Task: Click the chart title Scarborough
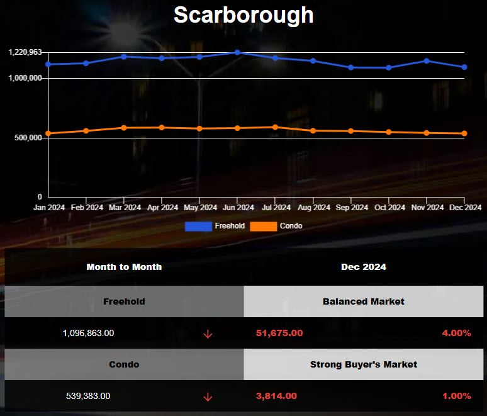(244, 14)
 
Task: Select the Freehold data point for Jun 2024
(237, 52)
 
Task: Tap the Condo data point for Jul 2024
(275, 127)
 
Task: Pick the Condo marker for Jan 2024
(48, 133)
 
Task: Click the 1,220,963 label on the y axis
(26, 52)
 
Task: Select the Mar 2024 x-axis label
(125, 207)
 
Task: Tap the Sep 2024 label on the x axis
(351, 207)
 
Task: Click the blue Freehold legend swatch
(198, 226)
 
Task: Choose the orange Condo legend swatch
(264, 226)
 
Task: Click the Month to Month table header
(124, 267)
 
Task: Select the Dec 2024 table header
(364, 267)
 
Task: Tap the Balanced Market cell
(364, 301)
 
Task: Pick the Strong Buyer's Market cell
(364, 364)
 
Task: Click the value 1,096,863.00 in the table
(88, 333)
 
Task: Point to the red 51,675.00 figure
(279, 333)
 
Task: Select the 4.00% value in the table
(456, 333)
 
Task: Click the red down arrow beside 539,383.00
(208, 397)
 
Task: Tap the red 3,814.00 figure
(276, 396)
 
